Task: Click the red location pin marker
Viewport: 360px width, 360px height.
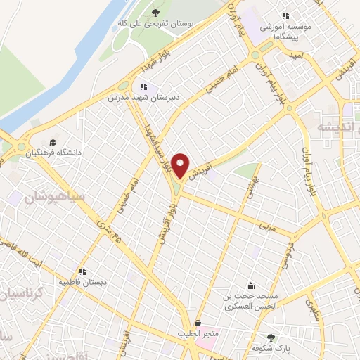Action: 181,166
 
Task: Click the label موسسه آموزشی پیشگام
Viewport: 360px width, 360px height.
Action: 285,29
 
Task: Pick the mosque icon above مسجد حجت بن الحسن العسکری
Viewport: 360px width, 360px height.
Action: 251,285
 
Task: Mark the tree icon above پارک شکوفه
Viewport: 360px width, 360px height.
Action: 271,337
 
